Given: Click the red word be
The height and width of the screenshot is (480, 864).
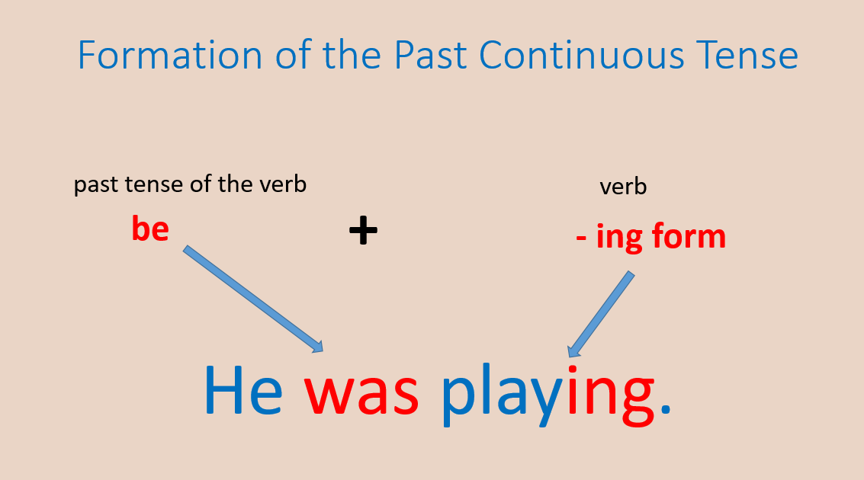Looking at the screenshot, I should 150,229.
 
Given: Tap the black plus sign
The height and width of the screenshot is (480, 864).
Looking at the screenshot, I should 363,230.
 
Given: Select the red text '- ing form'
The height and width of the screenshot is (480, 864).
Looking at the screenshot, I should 650,237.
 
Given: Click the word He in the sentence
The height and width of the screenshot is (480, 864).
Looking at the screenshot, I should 243,392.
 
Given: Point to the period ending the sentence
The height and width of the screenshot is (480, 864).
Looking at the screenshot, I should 665,412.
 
